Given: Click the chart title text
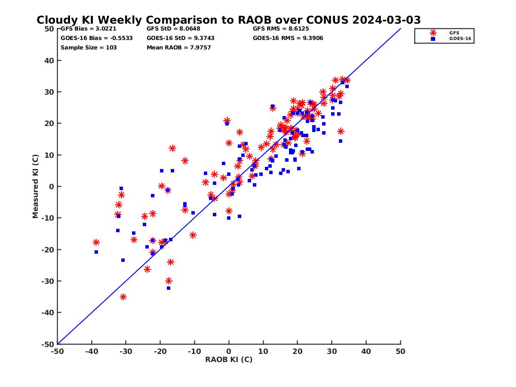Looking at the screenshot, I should [228, 20].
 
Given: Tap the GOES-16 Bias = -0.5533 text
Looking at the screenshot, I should [96, 38].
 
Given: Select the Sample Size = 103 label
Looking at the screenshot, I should [89, 48].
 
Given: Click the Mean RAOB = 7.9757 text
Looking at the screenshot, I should [178, 48].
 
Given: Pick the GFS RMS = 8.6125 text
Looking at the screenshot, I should [281, 29].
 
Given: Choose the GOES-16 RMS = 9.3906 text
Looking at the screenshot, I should [288, 38].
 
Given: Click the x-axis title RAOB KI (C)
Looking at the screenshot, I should [229, 359].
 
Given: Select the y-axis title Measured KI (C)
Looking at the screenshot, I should [36, 187].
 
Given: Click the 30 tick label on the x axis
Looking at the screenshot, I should [332, 351].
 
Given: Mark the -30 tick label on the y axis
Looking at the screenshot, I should [47, 281].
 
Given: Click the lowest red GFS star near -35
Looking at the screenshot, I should [123, 297].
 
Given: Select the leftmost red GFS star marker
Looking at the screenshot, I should [96, 243].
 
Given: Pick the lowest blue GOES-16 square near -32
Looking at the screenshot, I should [169, 288].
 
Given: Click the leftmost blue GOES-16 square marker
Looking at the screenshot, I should [96, 252].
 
